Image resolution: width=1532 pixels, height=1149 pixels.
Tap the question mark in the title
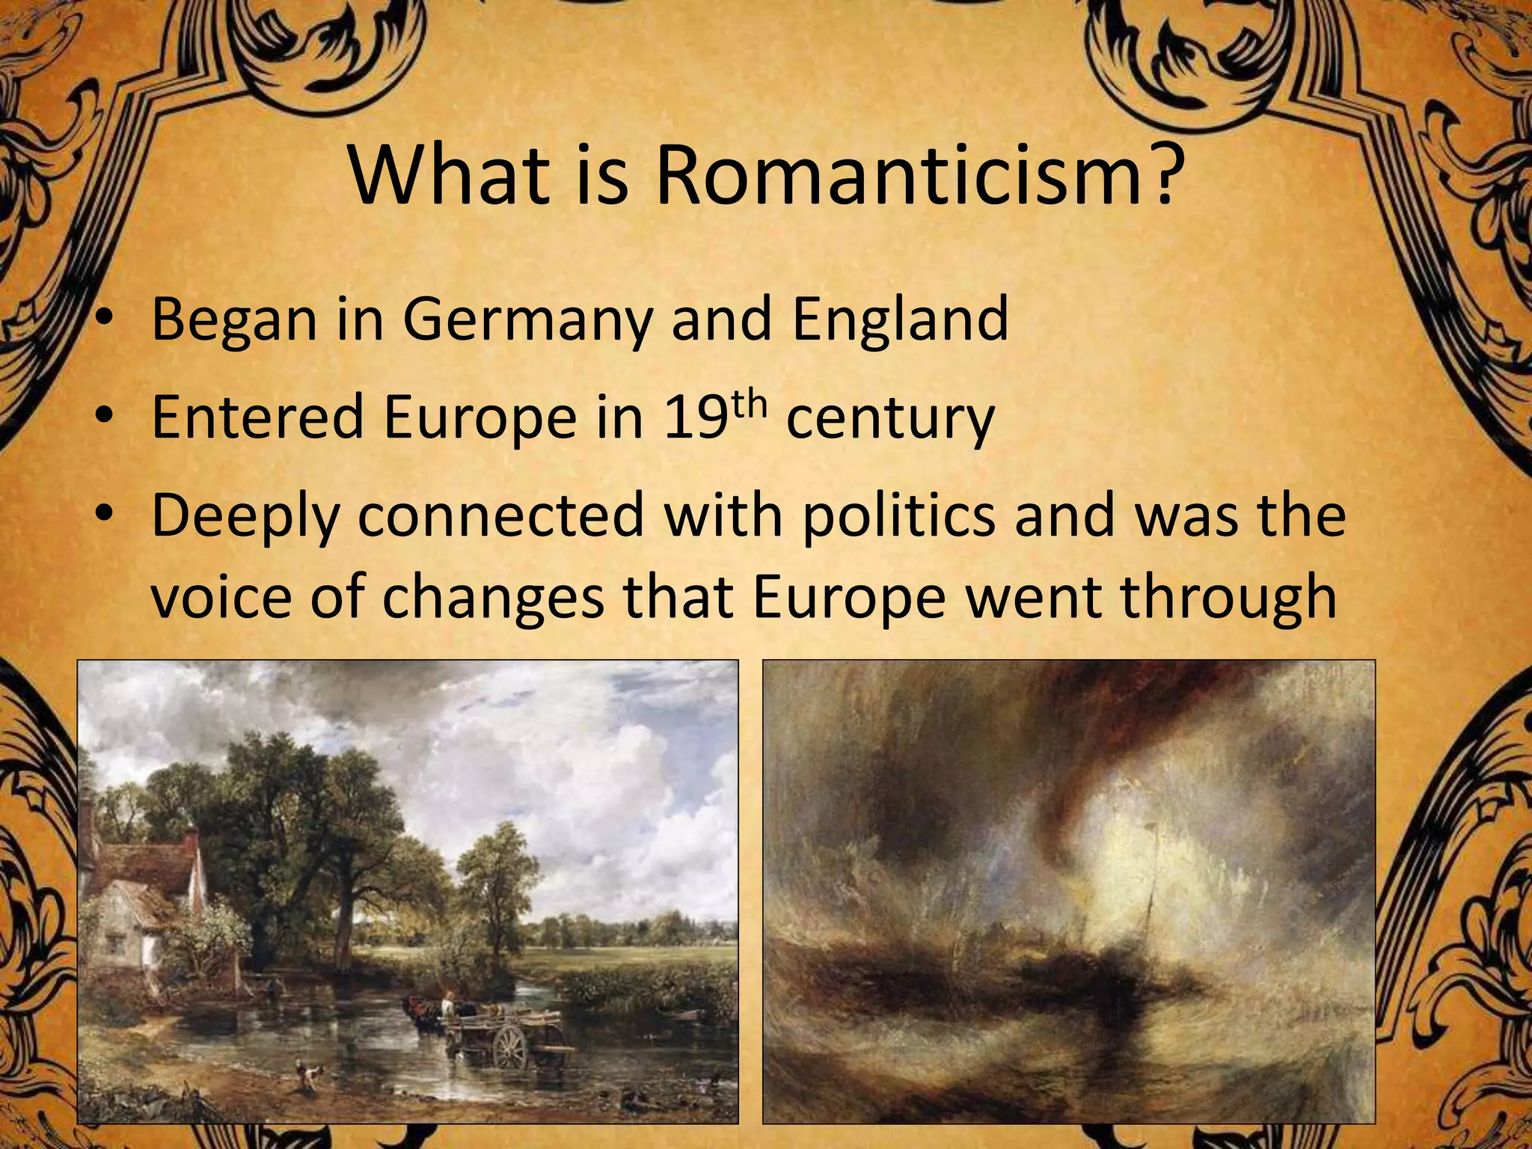tap(1162, 179)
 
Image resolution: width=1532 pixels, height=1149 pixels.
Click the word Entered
tap(257, 417)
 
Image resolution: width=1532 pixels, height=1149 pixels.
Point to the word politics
tap(898, 516)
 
